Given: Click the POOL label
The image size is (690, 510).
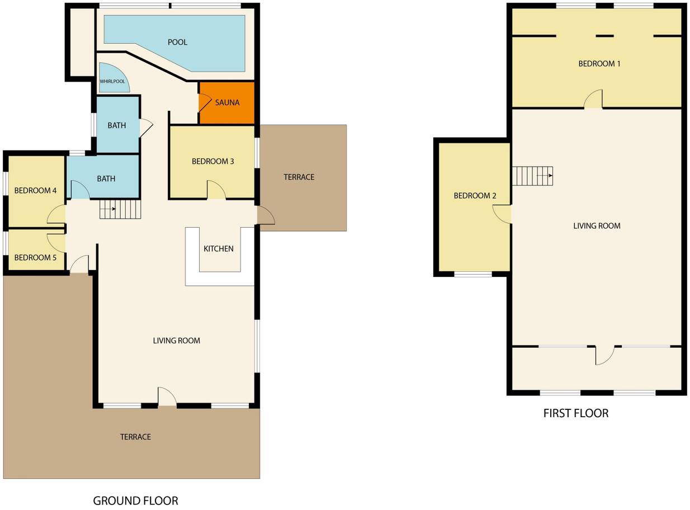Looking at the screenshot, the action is (x=177, y=42).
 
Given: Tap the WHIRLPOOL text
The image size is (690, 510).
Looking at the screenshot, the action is (x=112, y=82).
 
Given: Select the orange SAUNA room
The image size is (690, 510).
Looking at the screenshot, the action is (x=227, y=103).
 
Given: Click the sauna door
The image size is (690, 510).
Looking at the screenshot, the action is (x=205, y=103).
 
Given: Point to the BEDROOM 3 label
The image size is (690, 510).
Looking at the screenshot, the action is (x=213, y=161).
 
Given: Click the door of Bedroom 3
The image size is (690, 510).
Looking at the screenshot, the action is (x=216, y=190).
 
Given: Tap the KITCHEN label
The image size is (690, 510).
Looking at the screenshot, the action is (x=219, y=249).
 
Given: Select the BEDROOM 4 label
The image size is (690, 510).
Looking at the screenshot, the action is (x=35, y=191).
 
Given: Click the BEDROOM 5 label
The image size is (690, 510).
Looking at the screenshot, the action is (x=35, y=258).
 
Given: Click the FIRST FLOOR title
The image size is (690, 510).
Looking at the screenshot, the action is (x=576, y=413).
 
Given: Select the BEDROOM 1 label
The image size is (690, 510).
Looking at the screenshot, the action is (x=599, y=64).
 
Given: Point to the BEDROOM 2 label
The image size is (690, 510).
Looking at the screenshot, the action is (x=475, y=196).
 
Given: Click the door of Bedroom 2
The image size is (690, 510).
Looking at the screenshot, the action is (x=502, y=214).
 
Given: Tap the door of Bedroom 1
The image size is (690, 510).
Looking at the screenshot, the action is (x=593, y=99).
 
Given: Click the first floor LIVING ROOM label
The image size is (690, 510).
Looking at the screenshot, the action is (x=597, y=226).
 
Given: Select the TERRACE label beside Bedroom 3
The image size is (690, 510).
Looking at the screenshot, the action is (x=299, y=177).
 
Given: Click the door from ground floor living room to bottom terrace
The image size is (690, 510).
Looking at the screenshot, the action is (x=167, y=396).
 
